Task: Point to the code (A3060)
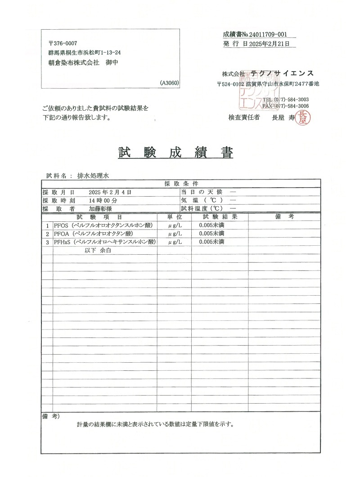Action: point(169,83)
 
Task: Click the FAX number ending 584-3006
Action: point(293,106)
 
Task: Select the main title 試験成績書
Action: point(175,153)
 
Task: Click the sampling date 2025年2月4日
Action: point(110,192)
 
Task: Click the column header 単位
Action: point(174,217)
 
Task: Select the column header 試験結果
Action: point(220,217)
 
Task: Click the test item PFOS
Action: point(60,225)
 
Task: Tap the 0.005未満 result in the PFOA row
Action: point(211,234)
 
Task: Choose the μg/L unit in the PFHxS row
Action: point(175,242)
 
